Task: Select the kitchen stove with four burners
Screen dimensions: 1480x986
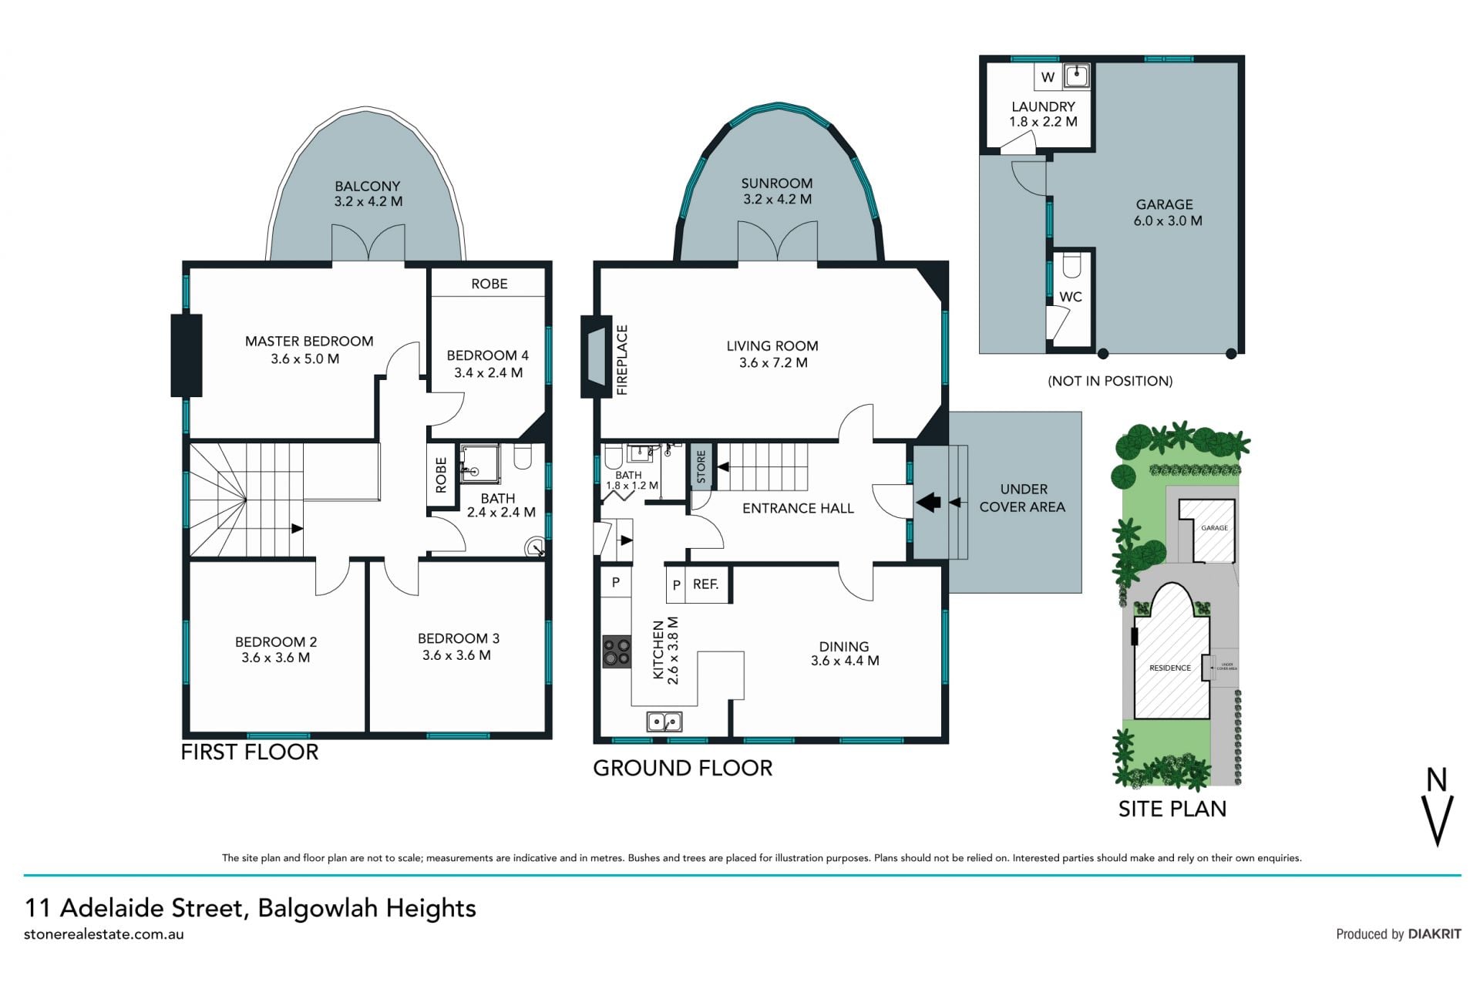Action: pos(617,651)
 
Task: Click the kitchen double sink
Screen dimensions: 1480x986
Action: pos(664,722)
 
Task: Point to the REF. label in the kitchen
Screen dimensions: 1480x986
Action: pos(705,584)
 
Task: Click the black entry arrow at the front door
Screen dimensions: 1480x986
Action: pos(928,503)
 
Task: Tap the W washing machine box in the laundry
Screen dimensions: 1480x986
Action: pos(1048,76)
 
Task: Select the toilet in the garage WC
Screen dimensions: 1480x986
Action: pos(1071,266)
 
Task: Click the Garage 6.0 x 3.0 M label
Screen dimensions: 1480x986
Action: pos(1167,213)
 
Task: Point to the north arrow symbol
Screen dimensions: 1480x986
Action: pos(1438,807)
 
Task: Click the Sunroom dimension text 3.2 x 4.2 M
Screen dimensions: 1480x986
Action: pos(777,199)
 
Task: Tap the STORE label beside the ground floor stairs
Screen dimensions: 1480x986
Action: pos(701,467)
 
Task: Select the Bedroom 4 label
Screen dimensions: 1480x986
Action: pos(488,364)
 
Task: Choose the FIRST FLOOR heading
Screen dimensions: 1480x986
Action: pos(250,752)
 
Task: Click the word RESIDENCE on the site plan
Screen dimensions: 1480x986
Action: pos(1170,668)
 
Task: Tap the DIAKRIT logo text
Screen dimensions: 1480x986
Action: pos(1435,934)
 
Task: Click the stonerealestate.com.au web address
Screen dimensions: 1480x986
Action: pos(104,934)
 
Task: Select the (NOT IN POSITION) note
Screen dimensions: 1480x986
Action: pos(1110,381)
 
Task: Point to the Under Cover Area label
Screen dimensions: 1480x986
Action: pos(1023,498)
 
